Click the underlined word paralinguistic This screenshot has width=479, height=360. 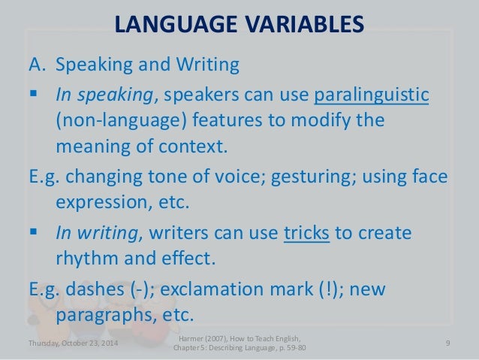372,97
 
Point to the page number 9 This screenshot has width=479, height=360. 447,344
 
